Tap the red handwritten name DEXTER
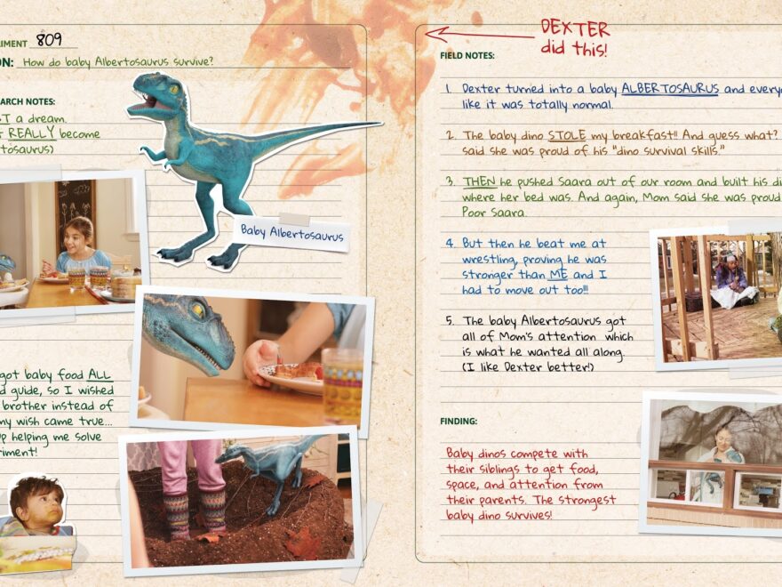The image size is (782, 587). (x=575, y=28)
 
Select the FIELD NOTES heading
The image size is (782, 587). (x=467, y=55)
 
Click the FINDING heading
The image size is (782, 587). (x=459, y=421)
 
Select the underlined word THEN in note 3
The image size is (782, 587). (x=479, y=181)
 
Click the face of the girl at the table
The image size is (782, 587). (x=79, y=233)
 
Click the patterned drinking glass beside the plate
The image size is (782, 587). (x=341, y=384)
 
